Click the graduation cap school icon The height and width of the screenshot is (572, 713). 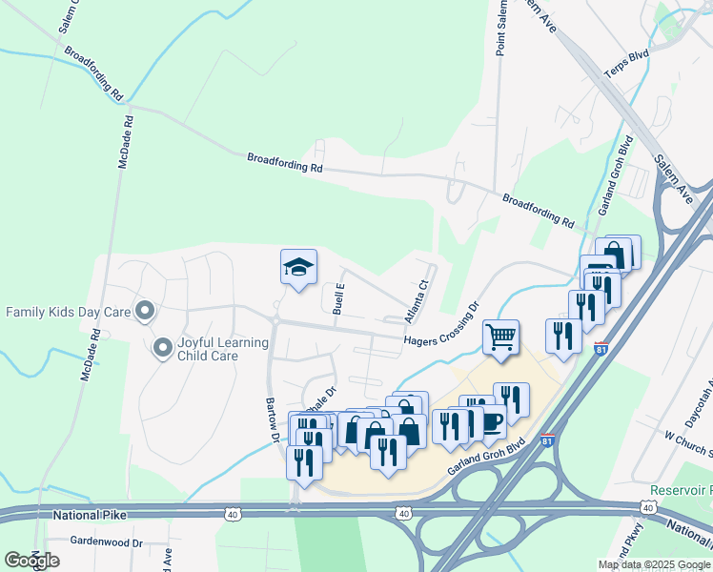[298, 266]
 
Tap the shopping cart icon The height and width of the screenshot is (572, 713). [500, 337]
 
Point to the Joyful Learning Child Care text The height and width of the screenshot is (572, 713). [208, 349]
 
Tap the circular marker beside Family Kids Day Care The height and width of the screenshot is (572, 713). [145, 311]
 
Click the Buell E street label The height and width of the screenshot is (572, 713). [338, 299]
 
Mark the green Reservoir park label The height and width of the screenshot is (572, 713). [681, 490]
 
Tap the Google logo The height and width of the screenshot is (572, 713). [32, 561]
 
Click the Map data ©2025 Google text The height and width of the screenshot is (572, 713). [653, 564]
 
